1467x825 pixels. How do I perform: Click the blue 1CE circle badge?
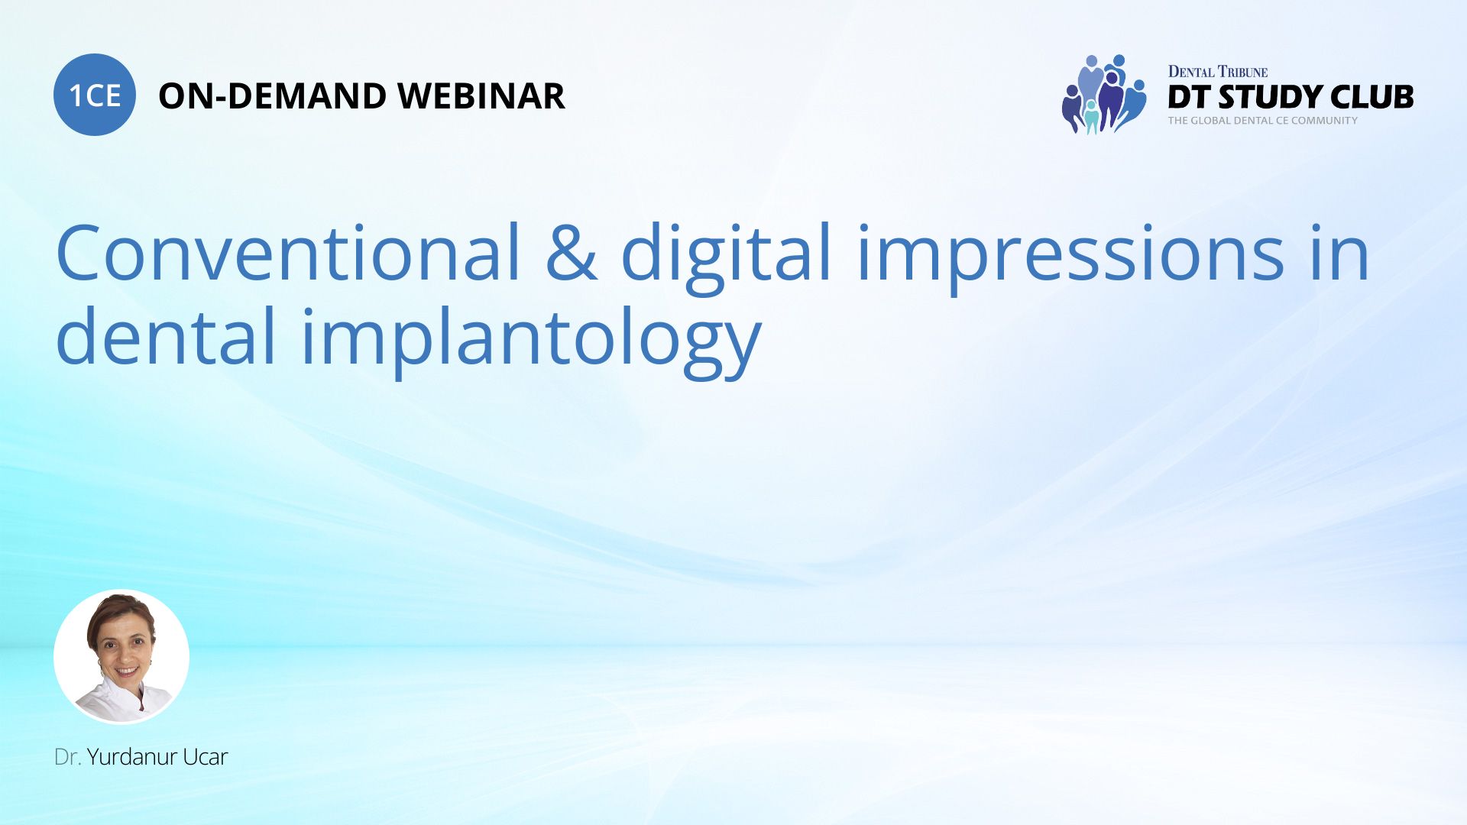(95, 95)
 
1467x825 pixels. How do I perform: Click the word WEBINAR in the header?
(481, 96)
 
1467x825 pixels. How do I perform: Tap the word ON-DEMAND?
(272, 96)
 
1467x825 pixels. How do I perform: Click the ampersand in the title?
(571, 253)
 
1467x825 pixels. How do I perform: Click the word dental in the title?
(165, 337)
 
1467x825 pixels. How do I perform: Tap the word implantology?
(531, 341)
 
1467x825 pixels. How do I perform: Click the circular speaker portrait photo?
(121, 657)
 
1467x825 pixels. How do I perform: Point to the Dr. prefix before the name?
(67, 757)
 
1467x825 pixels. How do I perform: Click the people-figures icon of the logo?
(1103, 94)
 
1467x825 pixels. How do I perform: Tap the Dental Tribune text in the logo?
(1217, 72)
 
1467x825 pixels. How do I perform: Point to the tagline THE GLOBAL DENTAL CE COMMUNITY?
(1262, 121)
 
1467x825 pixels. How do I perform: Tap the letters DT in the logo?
(1188, 98)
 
